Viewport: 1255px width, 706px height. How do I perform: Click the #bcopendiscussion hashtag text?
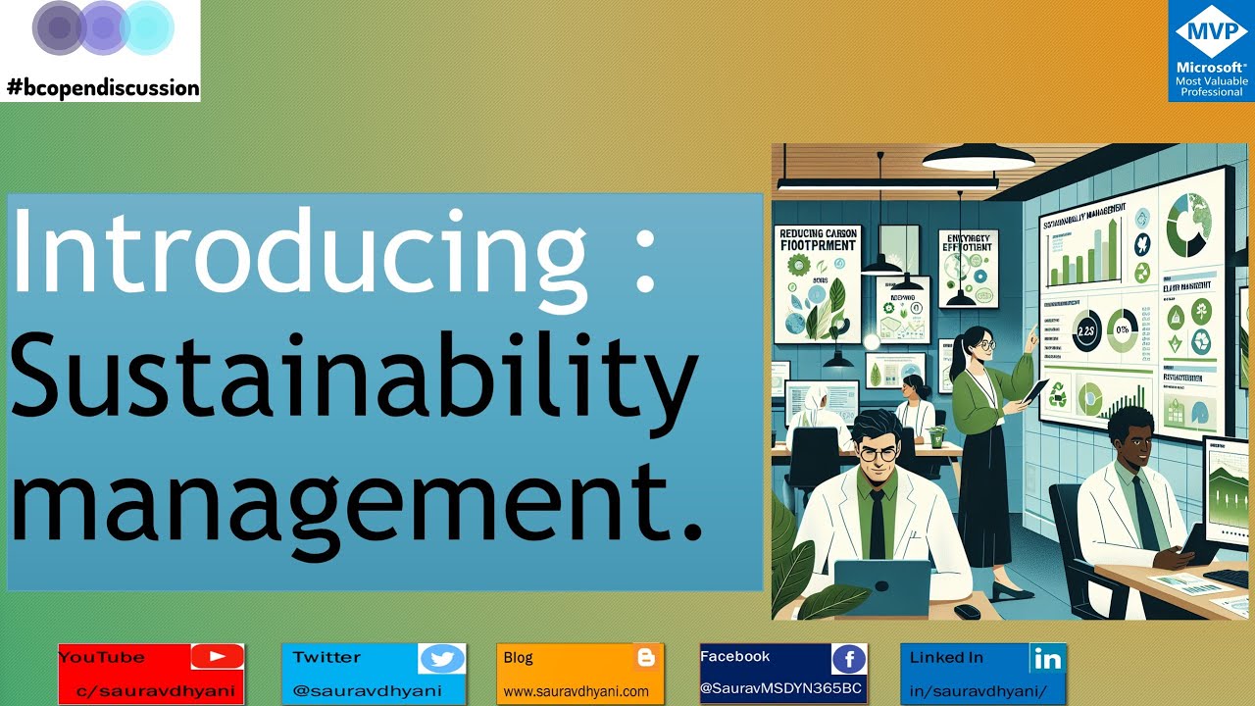103,88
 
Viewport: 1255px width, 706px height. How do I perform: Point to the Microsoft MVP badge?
1211,51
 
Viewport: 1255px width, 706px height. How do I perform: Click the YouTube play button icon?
217,657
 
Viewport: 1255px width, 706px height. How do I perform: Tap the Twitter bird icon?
441,659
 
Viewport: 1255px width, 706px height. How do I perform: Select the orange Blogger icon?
644,657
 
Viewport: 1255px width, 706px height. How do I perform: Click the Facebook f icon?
848,659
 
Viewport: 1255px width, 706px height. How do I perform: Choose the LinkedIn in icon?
1046,658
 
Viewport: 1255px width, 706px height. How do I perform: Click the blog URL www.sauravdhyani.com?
577,691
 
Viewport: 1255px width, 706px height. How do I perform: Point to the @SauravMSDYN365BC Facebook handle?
781,689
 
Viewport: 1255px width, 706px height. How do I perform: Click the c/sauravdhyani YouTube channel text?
157,691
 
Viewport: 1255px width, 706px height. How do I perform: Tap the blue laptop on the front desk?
880,585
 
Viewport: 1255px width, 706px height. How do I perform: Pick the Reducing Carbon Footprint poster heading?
819,238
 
